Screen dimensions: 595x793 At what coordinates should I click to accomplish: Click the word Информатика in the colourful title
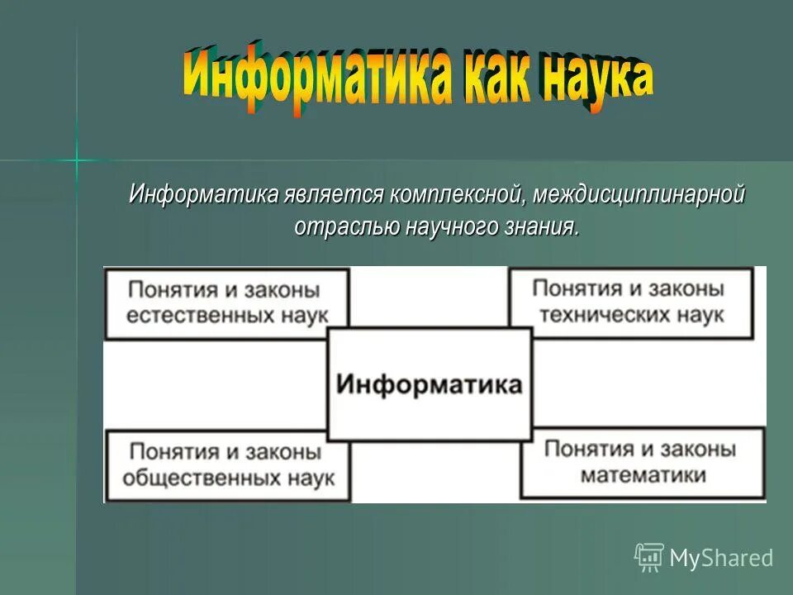click(x=316, y=78)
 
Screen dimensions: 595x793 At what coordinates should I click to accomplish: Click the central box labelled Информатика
click(x=430, y=385)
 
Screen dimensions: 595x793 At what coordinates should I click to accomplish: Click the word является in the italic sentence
click(x=335, y=196)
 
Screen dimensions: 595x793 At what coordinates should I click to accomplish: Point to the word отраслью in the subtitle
click(x=348, y=226)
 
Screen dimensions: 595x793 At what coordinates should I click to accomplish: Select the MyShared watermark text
click(x=720, y=559)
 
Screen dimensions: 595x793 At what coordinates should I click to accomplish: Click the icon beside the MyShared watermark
click(x=648, y=558)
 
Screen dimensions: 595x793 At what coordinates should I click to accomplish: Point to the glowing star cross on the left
click(x=77, y=159)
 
